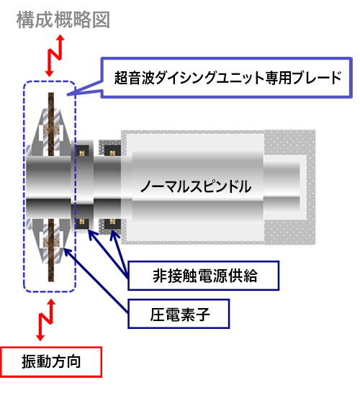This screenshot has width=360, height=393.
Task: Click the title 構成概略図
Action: (63, 20)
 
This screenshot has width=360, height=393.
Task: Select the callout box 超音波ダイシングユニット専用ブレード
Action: (226, 78)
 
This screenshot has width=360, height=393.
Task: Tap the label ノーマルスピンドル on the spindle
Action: (196, 186)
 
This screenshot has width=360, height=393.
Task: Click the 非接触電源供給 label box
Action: (204, 276)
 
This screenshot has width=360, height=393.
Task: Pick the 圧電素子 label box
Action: (179, 314)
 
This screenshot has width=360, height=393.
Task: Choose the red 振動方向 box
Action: (51, 361)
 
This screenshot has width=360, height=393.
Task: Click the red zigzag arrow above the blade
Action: (55, 55)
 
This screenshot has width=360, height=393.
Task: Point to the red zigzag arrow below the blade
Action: (45, 320)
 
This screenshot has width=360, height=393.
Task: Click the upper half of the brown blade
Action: (51, 125)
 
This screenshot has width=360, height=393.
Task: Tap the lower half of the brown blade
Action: (51, 250)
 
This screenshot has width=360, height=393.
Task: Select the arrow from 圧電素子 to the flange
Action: (96, 281)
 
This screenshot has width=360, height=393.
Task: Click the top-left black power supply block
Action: (82, 151)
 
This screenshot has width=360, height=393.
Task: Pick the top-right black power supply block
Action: (112, 151)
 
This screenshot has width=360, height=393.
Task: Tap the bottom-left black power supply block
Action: (82, 222)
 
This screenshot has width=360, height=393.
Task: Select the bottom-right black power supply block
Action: (112, 223)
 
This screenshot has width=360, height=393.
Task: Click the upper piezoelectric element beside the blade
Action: (53, 130)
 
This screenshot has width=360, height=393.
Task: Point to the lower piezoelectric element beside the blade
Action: (53, 243)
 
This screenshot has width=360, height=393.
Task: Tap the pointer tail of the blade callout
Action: (84, 90)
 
